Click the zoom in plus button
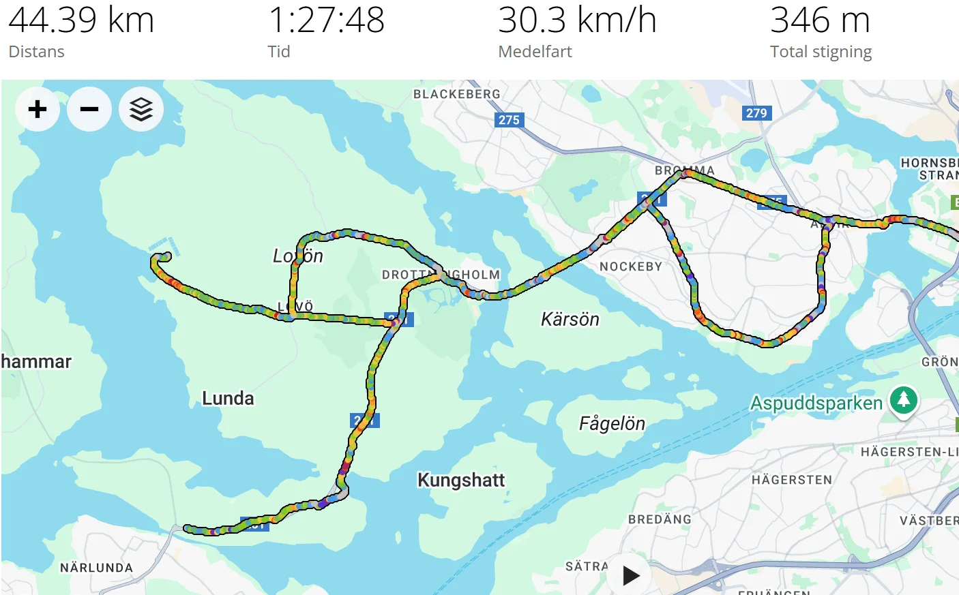pos(38,109)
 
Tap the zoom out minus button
pos(89,109)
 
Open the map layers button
pos(141,109)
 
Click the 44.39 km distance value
pos(81,20)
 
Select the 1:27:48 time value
pos(326,20)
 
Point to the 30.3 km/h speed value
pos(577,20)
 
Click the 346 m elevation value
pos(820,20)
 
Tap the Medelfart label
pos(535,52)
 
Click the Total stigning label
pos(821,52)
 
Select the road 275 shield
pos(509,120)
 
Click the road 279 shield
pos(756,113)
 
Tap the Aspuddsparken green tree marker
pos(904,400)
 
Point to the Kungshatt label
pos(461,480)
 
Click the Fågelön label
pos(612,424)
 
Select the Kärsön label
pos(570,319)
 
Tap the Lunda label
pos(228,398)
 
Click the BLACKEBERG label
pos(456,94)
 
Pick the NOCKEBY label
pos(631,266)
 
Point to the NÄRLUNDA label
pos(96,568)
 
